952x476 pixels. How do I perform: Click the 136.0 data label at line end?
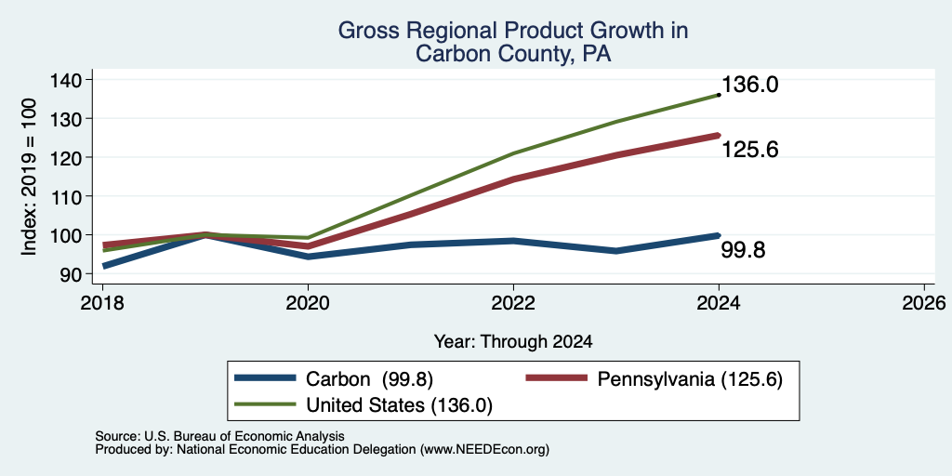pos(749,85)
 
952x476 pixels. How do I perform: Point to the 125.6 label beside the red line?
pos(749,150)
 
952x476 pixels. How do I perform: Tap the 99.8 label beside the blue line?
pos(743,249)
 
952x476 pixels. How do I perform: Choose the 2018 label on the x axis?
pos(102,302)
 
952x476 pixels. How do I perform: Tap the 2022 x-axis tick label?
pos(513,302)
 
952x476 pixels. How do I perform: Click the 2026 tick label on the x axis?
pos(924,302)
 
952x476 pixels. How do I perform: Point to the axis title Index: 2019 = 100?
pos(30,177)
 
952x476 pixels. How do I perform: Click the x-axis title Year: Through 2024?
pos(513,342)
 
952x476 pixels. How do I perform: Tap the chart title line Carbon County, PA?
pos(513,54)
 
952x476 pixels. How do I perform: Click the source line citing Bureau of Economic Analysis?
pos(219,436)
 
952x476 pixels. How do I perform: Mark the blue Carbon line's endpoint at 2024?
pos(719,235)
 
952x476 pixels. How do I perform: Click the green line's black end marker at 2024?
pos(719,95)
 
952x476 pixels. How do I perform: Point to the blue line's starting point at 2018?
pos(104,266)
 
